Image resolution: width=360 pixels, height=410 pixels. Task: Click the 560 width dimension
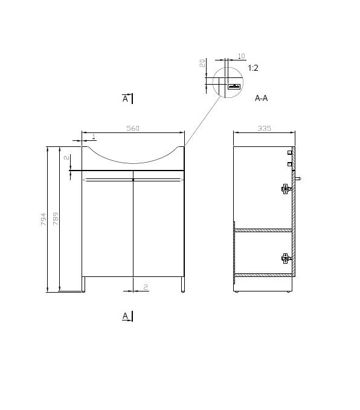pos(133,128)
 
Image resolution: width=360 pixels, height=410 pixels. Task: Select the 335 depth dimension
pos(265,128)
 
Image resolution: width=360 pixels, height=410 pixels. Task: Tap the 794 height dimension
pos(43,219)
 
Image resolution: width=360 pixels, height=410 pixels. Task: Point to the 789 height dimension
pos(56,218)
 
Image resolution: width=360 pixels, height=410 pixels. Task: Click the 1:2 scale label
pos(253,68)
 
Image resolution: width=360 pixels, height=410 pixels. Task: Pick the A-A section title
pos(262,98)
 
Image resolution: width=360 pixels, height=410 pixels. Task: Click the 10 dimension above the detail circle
pos(242,56)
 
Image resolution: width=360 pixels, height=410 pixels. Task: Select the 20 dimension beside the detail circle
pos(202,63)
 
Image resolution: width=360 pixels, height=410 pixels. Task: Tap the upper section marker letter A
pos(126,99)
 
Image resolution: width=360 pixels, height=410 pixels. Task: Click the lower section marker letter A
pos(126,316)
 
